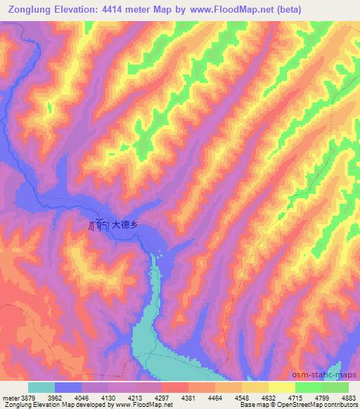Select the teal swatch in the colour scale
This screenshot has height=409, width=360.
[41, 387]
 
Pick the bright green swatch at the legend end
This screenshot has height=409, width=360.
[335, 387]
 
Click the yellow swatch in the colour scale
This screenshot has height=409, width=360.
[282, 387]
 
